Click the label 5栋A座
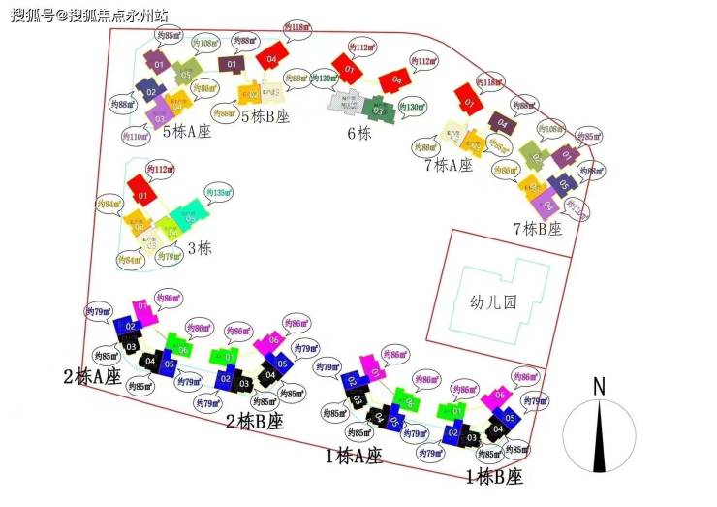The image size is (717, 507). pyautogui.click(x=186, y=131)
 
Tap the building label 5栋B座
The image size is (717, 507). pyautogui.click(x=265, y=117)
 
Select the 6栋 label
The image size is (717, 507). pyautogui.click(x=359, y=134)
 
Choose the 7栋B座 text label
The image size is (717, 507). pyautogui.click(x=537, y=230)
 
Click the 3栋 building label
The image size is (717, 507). pyautogui.click(x=199, y=248)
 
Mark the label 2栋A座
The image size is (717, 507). pyautogui.click(x=93, y=376)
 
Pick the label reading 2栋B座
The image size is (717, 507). pyautogui.click(x=254, y=422)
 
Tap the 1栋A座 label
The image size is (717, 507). pyautogui.click(x=354, y=455)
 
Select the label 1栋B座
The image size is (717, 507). pyautogui.click(x=493, y=477)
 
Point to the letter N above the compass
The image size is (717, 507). pyautogui.click(x=599, y=386)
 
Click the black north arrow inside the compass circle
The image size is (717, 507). pyautogui.click(x=599, y=436)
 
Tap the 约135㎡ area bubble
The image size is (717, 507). pyautogui.click(x=219, y=194)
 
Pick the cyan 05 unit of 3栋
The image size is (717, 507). pyautogui.click(x=188, y=214)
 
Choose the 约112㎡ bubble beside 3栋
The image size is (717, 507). pyautogui.click(x=161, y=170)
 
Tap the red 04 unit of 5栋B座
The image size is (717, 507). pyautogui.click(x=272, y=55)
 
